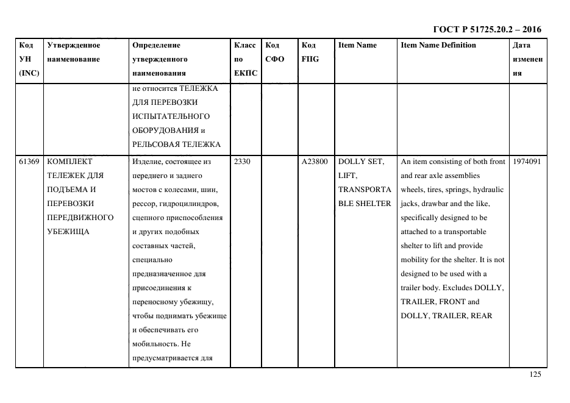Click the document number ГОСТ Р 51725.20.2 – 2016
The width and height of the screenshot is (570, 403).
(486, 29)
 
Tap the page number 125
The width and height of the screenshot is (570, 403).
(535, 375)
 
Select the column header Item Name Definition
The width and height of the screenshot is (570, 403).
(438, 45)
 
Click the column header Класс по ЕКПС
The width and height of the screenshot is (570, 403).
(245, 59)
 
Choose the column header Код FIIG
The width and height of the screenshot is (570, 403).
(310, 52)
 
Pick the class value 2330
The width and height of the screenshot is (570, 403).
(242, 162)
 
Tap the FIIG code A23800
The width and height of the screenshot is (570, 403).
(315, 162)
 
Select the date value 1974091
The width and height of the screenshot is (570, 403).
(527, 162)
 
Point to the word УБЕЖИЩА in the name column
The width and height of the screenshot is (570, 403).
(68, 232)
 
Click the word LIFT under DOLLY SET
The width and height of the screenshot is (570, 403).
(347, 176)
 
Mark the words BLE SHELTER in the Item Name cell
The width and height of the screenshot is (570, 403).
(365, 204)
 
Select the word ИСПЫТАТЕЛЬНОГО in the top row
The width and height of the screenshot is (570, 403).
(171, 116)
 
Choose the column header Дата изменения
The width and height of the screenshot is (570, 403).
(527, 59)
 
